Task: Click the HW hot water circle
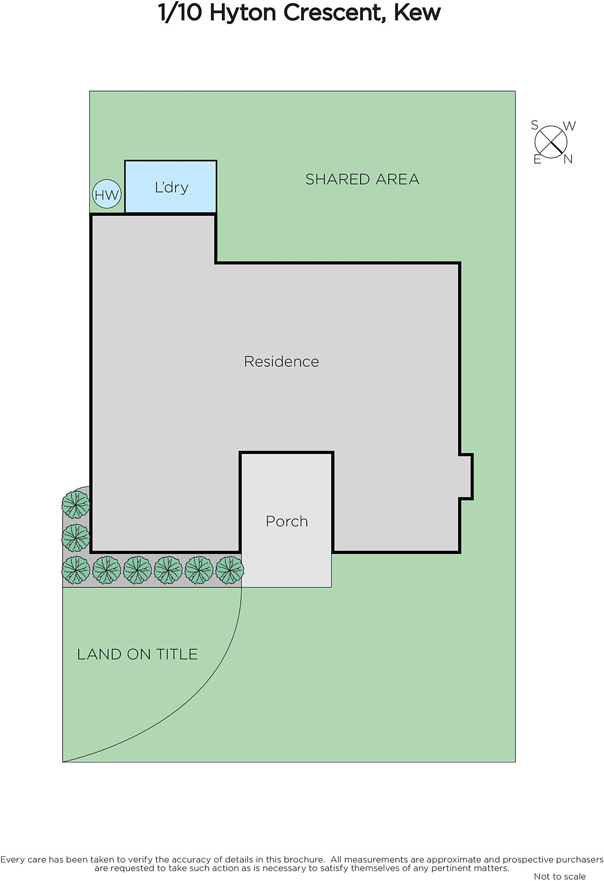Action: click(107, 194)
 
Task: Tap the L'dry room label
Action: click(171, 187)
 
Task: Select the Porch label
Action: click(287, 521)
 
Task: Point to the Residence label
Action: click(281, 361)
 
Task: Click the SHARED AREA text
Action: click(362, 180)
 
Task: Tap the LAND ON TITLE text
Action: click(137, 655)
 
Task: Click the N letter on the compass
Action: click(568, 159)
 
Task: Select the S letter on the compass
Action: click(535, 125)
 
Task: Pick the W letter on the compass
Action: click(569, 126)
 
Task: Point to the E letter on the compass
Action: click(537, 159)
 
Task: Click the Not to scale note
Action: click(559, 876)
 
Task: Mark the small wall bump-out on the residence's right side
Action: click(466, 477)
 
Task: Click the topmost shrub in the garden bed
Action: click(75, 504)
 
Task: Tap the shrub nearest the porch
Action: click(230, 570)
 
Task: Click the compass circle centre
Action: click(551, 142)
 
